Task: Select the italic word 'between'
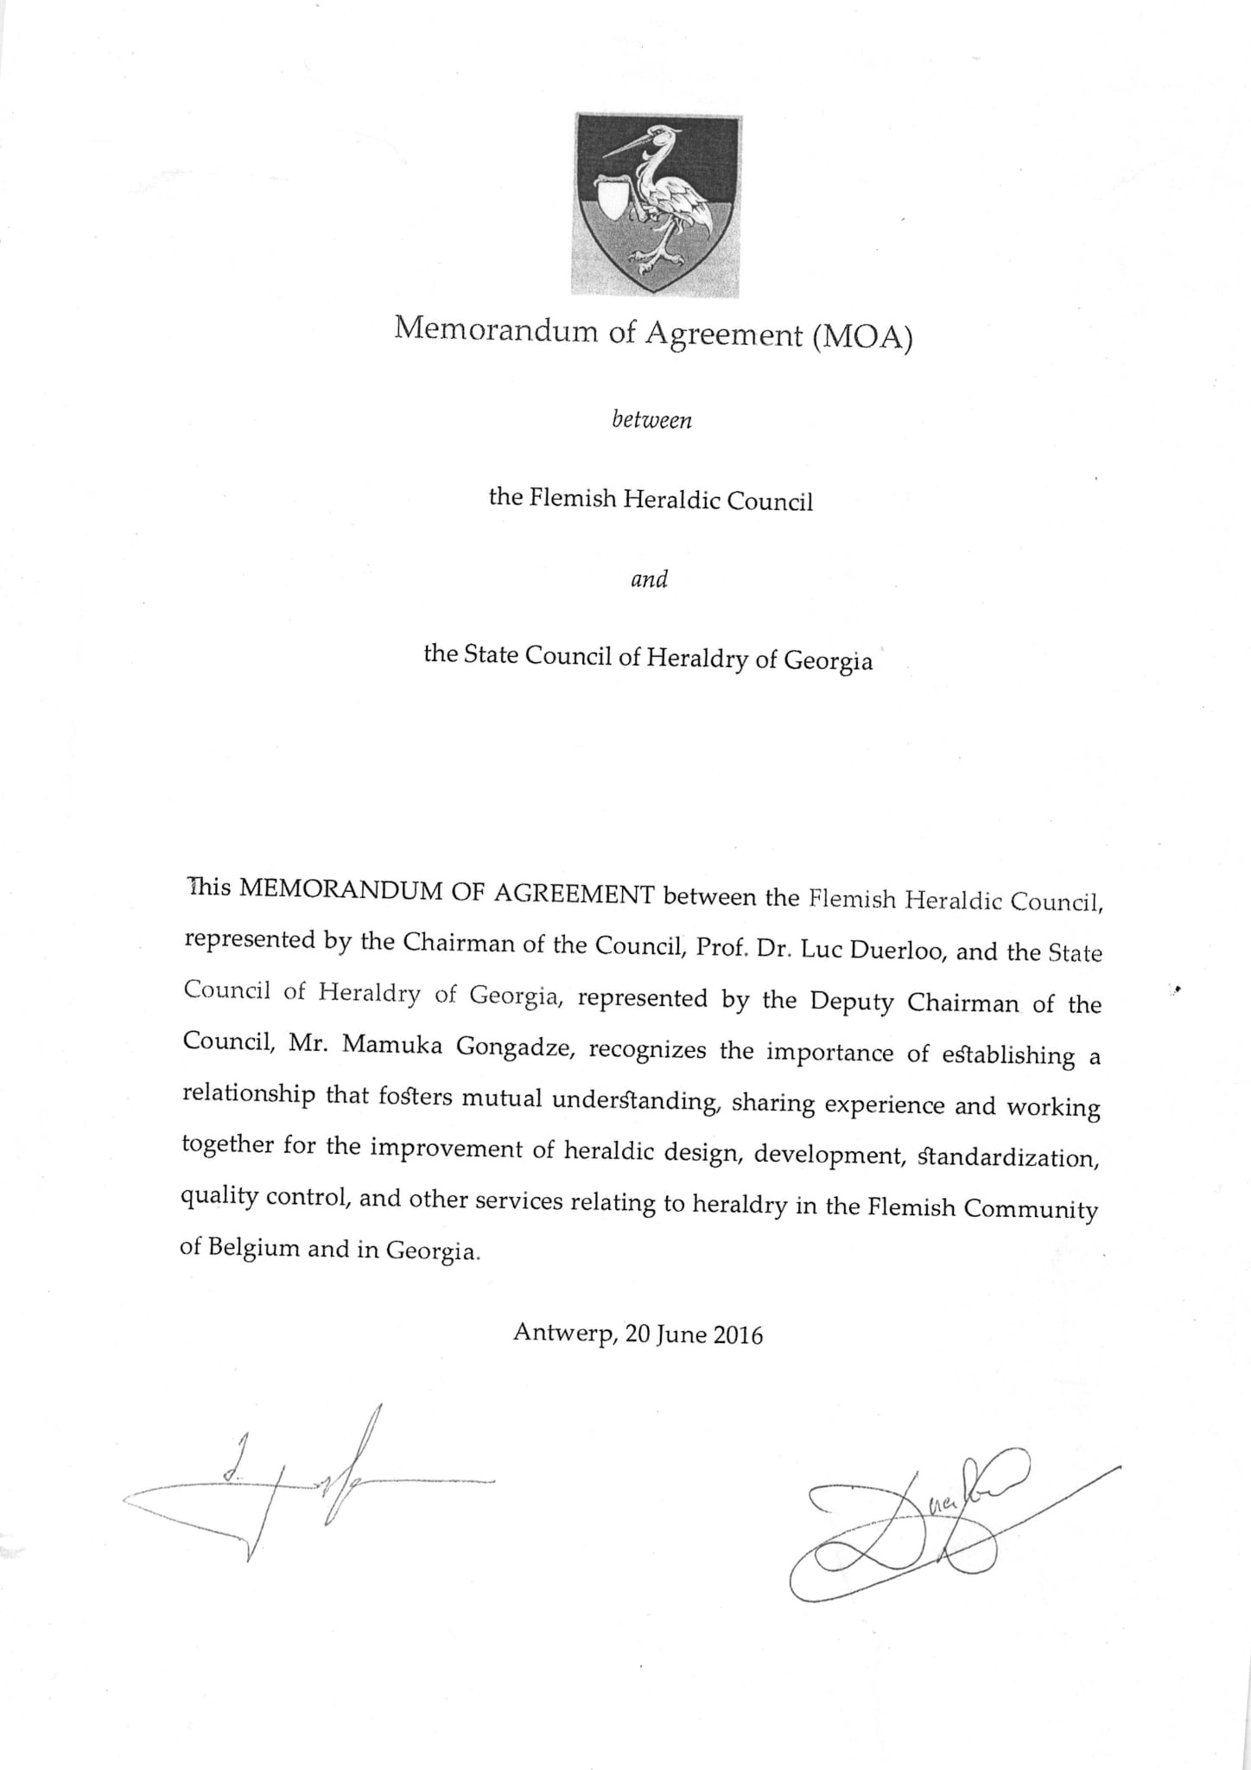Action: pyautogui.click(x=652, y=421)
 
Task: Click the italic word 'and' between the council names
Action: pyautogui.click(x=650, y=579)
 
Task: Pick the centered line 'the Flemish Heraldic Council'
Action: pyautogui.click(x=651, y=500)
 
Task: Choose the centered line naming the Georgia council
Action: pyautogui.click(x=648, y=658)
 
